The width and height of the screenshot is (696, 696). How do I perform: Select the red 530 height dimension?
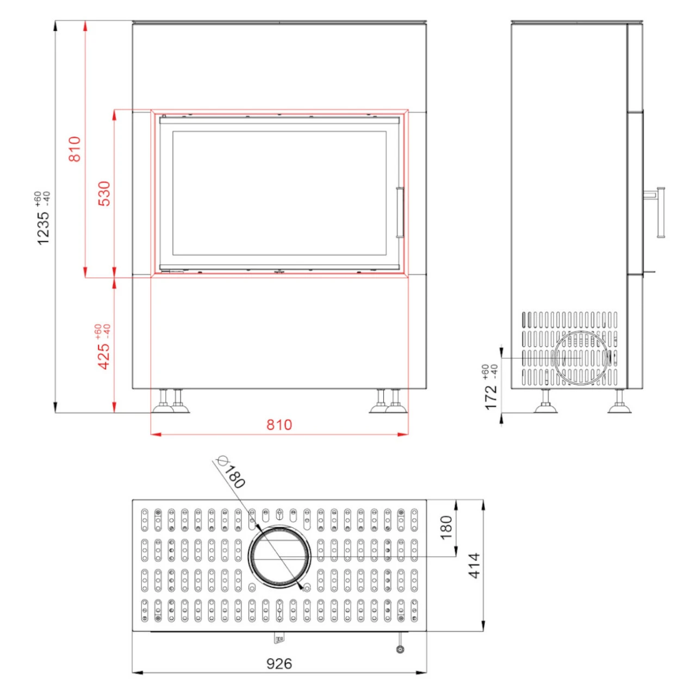click(104, 193)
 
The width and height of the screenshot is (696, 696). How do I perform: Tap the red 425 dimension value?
click(104, 356)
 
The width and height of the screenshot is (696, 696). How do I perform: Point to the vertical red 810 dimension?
click(74, 148)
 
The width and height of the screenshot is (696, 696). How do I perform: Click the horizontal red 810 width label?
click(279, 425)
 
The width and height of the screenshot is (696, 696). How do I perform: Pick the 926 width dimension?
click(279, 663)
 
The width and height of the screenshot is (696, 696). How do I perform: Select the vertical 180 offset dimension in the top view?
click(446, 527)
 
